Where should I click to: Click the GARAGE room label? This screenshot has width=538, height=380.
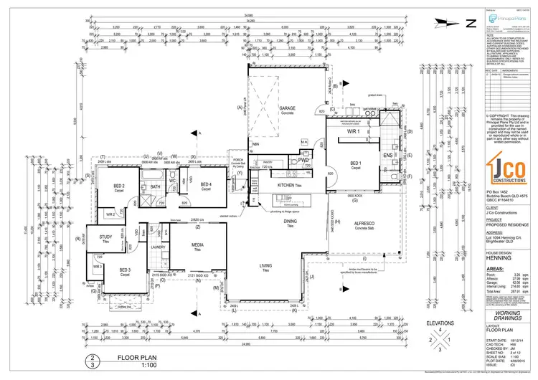click(288, 109)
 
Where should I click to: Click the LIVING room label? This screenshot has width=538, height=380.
click(265, 269)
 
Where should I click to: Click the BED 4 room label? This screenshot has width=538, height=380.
click(206, 186)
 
